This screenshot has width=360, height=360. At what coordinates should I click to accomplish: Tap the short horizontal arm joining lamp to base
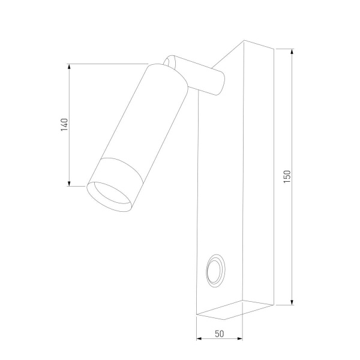coord(201,75)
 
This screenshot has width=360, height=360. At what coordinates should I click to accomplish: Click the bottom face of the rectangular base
coord(234,308)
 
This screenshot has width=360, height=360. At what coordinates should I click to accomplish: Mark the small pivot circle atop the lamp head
coord(170,61)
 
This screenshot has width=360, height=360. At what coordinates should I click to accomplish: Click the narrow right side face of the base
coord(258,174)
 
